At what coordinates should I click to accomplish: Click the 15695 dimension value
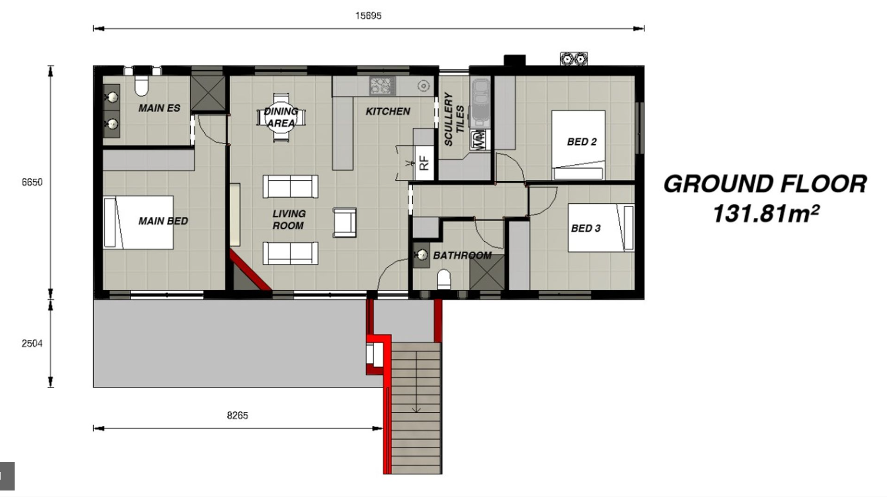click(x=368, y=16)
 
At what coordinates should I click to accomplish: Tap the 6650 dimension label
click(x=32, y=182)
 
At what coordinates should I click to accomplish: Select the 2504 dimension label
click(x=32, y=343)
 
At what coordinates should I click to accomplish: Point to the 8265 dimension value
click(x=238, y=415)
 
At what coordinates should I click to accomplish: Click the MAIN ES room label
click(x=159, y=108)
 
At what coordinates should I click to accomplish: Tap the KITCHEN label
click(x=388, y=111)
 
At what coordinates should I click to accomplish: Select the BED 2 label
click(x=582, y=141)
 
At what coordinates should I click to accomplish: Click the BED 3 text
click(x=586, y=228)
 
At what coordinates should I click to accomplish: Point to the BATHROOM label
click(x=462, y=256)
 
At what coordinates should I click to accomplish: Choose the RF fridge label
click(x=423, y=163)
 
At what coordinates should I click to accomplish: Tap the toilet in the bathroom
click(x=444, y=280)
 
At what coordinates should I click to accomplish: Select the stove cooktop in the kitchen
click(x=382, y=86)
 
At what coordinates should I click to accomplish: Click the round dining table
click(x=281, y=117)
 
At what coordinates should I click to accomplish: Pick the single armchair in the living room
click(x=344, y=223)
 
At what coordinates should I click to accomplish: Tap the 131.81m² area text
click(x=766, y=214)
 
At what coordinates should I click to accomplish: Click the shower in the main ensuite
click(x=208, y=93)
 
